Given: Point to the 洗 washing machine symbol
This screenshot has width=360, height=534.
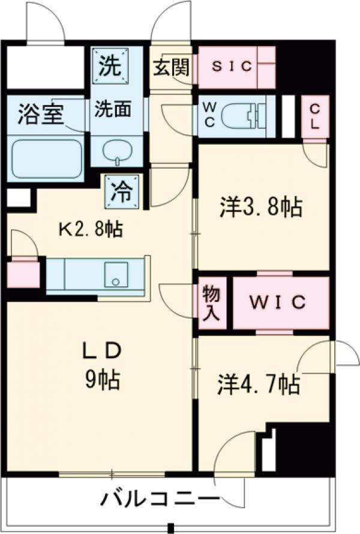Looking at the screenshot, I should tap(110, 65).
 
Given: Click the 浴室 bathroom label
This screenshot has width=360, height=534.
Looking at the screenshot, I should tap(41, 114).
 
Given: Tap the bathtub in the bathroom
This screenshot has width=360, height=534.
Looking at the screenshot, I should tap(46, 158).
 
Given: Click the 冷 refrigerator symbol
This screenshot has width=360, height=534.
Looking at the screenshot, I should tap(122, 192).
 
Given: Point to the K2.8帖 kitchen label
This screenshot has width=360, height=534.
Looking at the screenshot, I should tap(90, 228).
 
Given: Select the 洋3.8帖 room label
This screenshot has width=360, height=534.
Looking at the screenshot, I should tap(259, 207).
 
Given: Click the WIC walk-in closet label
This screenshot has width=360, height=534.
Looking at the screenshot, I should tap(278, 302).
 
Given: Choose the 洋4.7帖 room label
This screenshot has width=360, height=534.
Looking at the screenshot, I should tap(259, 385).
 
